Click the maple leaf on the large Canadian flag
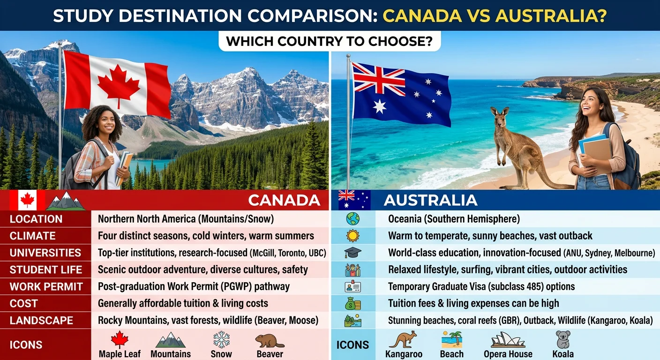click(x=118, y=86)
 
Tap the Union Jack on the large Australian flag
click(x=379, y=79)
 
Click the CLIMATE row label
click(x=32, y=236)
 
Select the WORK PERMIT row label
click(x=46, y=286)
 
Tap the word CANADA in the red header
click(x=284, y=200)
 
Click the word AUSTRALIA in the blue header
click(x=430, y=200)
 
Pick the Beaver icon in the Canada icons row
click(x=270, y=340)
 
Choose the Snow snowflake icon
click(x=221, y=339)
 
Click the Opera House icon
click(x=508, y=339)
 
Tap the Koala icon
click(x=562, y=339)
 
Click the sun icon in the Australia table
click(x=352, y=235)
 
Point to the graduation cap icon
click(x=352, y=253)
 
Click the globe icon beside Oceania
click(x=352, y=218)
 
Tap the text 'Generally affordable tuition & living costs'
click(x=183, y=303)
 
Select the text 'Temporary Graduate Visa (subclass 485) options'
click(x=481, y=286)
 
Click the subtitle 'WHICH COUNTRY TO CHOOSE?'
click(x=329, y=41)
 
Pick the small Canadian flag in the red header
click(x=27, y=201)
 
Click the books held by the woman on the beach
click(x=595, y=150)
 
